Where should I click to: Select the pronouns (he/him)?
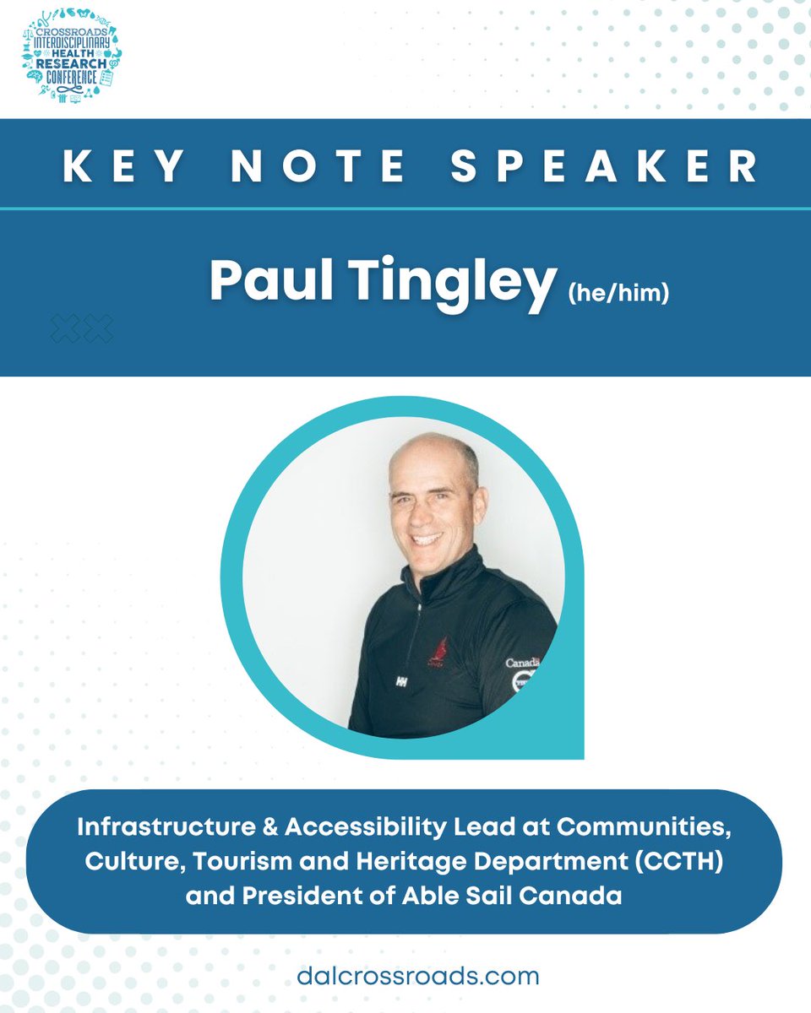618,294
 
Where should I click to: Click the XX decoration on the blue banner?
82,328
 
